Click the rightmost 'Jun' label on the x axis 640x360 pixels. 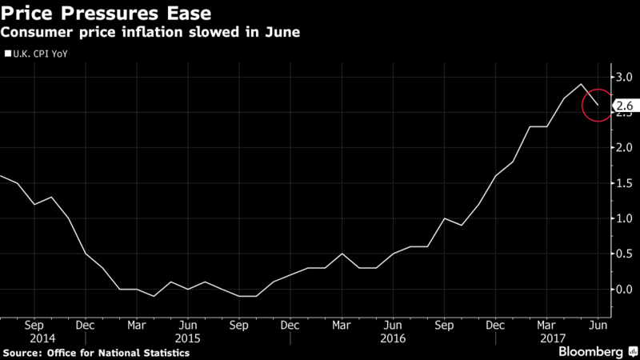[x=595, y=326]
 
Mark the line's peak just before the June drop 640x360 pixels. [x=581, y=84]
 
